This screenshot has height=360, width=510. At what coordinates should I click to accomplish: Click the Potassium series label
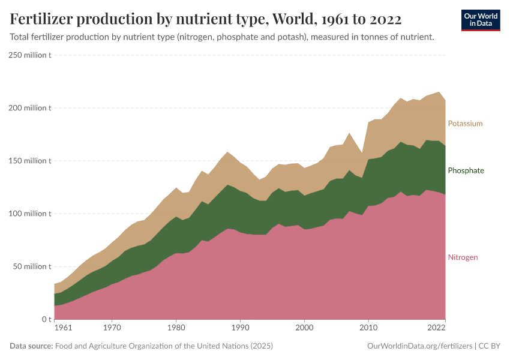pyautogui.click(x=465, y=124)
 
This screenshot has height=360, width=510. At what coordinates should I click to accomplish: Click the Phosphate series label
pyautogui.click(x=466, y=170)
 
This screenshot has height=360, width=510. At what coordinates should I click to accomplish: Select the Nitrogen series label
pyautogui.click(x=463, y=257)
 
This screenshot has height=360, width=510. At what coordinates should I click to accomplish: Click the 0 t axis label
pyautogui.click(x=45, y=319)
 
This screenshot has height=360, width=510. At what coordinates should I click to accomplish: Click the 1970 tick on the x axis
pyautogui.click(x=112, y=328)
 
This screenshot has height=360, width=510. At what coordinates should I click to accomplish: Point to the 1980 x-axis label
pyautogui.click(x=176, y=328)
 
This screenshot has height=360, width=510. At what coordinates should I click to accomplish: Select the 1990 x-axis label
pyautogui.click(x=240, y=328)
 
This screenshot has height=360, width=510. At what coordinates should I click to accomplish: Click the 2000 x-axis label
pyautogui.click(x=304, y=328)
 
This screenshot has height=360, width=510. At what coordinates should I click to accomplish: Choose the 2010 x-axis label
pyautogui.click(x=368, y=328)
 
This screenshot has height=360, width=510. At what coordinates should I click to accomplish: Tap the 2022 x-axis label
pyautogui.click(x=436, y=328)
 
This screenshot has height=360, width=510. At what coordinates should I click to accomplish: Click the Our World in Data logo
pyautogui.click(x=480, y=20)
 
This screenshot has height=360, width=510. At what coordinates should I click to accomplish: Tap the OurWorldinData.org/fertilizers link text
pyautogui.click(x=418, y=346)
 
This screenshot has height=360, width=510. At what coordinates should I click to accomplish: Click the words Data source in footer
pyautogui.click(x=31, y=346)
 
